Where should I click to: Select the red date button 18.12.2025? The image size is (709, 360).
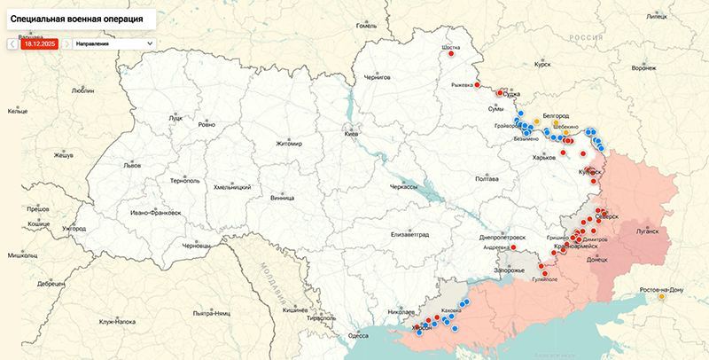(40, 43)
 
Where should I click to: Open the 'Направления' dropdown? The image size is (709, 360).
(113, 43)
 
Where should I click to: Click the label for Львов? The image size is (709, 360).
(132, 166)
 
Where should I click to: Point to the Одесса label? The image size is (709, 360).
(358, 335)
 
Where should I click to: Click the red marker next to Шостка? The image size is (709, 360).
(451, 53)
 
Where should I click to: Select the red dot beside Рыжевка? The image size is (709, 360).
(478, 85)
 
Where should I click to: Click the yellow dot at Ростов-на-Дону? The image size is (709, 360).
(660, 297)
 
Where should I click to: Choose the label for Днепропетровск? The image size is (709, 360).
(502, 238)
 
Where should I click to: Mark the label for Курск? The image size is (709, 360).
(542, 65)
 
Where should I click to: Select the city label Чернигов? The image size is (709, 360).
(377, 78)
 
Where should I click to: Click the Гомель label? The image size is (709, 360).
(366, 25)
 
